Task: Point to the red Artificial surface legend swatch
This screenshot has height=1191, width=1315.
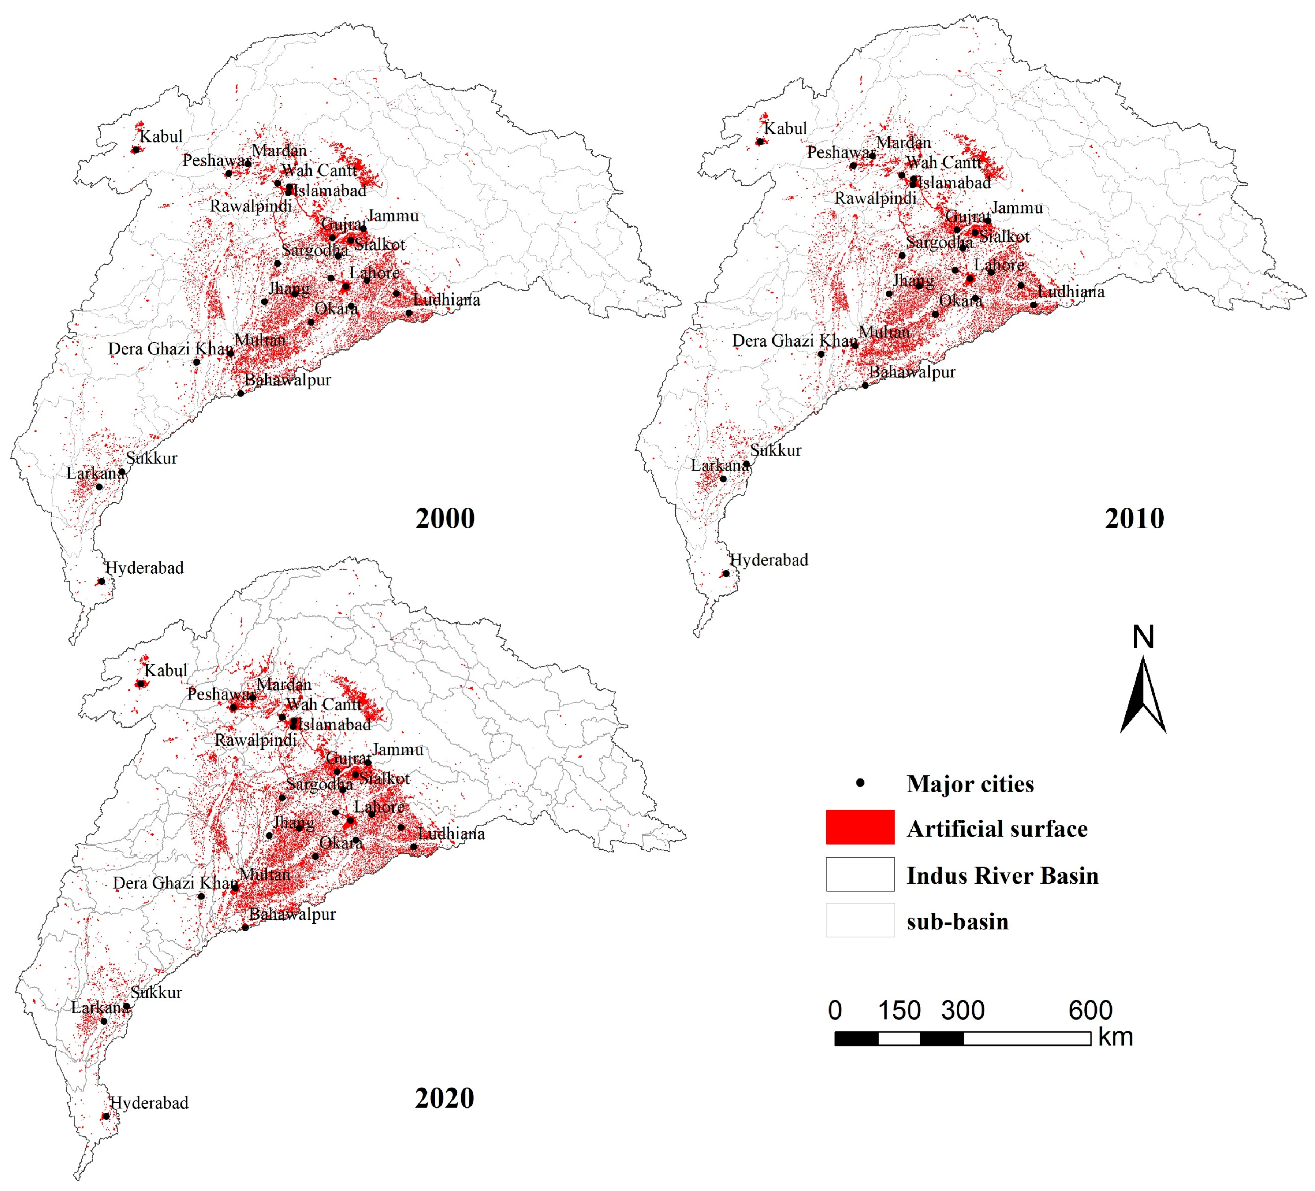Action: point(860,828)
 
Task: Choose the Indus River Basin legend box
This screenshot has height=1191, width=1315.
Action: point(860,874)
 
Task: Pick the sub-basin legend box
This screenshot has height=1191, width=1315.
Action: point(860,920)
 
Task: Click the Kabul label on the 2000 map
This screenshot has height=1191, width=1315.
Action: point(161,136)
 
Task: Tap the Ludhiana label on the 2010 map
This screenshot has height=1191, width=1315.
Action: point(1071,292)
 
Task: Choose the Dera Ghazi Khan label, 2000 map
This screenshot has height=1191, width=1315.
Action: point(171,348)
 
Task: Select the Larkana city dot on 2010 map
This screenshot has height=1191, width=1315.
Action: point(723,479)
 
